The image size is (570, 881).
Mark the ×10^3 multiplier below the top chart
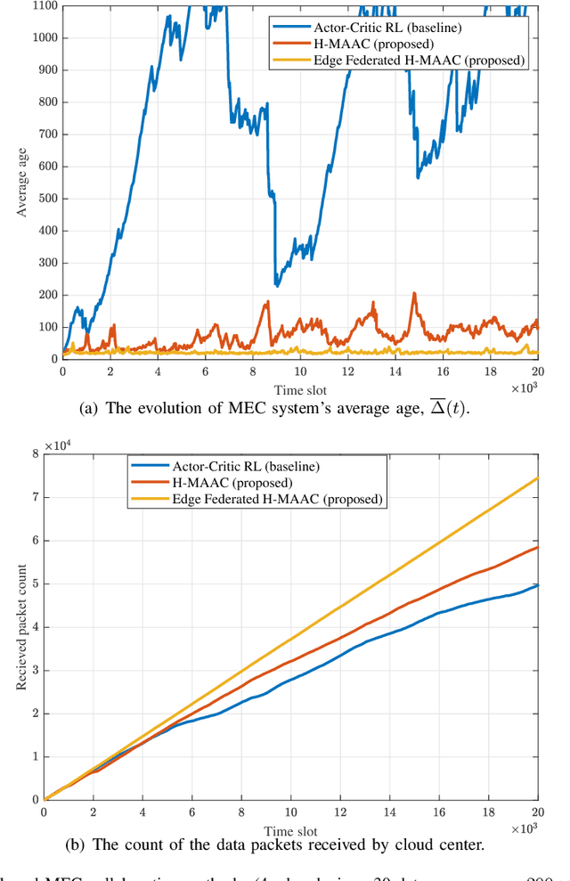point(523,387)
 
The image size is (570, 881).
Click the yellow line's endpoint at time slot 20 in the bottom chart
point(537,477)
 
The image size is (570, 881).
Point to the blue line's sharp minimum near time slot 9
point(276,285)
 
